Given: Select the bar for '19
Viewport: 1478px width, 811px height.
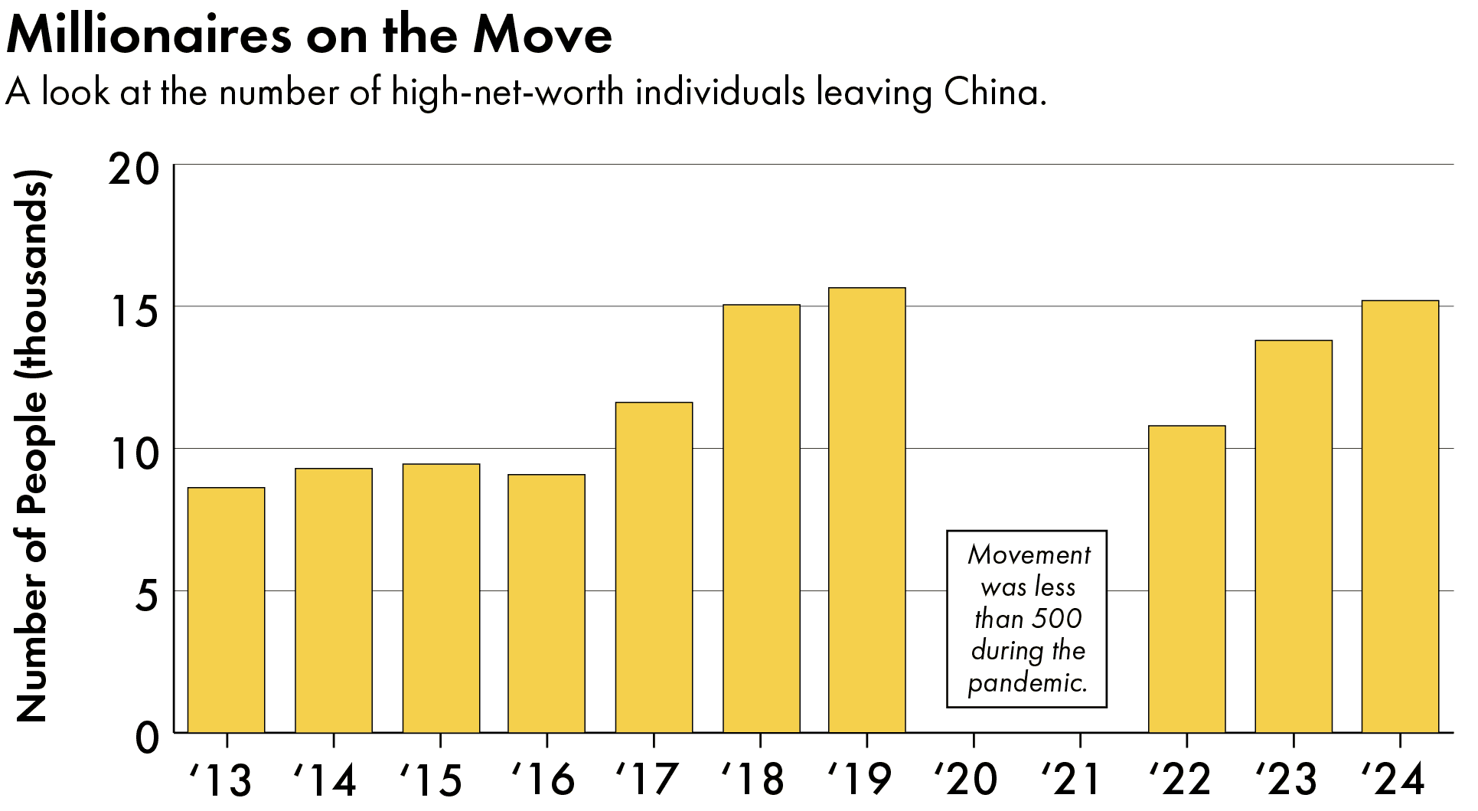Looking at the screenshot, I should click(866, 510).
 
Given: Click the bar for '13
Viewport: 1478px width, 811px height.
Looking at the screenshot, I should click(226, 610).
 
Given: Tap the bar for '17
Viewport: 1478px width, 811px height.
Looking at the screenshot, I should click(654, 567).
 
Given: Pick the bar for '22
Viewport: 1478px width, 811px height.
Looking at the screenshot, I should click(1186, 579).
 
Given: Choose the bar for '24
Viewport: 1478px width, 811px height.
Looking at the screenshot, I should click(1399, 516).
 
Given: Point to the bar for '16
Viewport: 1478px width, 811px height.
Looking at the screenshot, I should click(547, 603).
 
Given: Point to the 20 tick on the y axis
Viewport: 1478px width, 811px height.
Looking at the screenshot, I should click(134, 169).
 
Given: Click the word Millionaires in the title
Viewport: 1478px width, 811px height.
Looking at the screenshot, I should click(149, 35).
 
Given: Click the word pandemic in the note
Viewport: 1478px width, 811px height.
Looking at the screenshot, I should click(1026, 682).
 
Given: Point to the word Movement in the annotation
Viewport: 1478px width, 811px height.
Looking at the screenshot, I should click(1029, 554).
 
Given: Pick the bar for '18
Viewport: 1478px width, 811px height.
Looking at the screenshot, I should click(761, 518).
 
